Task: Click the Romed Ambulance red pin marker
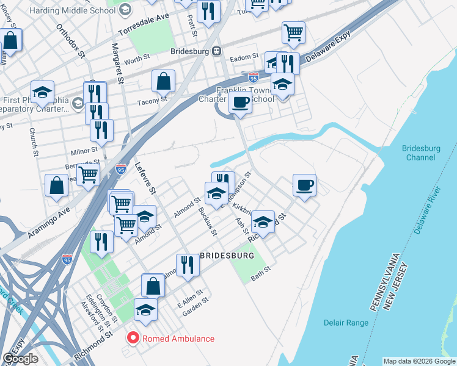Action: point(131,338)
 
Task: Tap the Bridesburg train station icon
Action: point(216,52)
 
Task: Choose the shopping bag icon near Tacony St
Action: point(164,81)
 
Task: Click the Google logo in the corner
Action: point(20,359)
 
